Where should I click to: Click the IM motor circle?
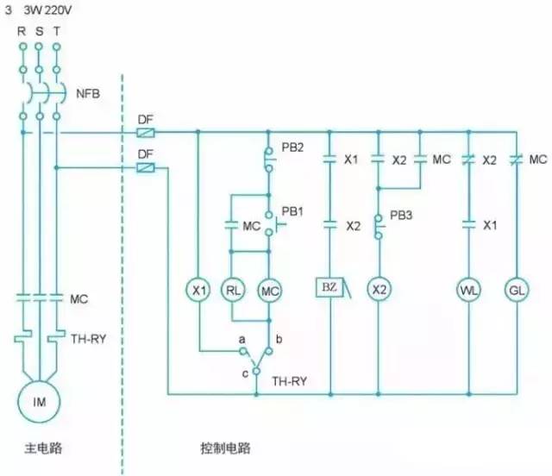point(40,400)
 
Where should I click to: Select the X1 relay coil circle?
point(199,290)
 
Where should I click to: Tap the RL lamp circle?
point(233,290)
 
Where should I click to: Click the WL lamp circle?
point(468,290)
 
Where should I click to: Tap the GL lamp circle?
point(515,290)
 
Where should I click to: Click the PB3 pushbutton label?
point(402,215)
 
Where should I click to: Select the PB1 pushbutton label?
point(293,211)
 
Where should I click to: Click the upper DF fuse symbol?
point(146,133)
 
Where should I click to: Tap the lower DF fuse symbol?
point(146,167)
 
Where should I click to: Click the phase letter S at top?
point(39,31)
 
